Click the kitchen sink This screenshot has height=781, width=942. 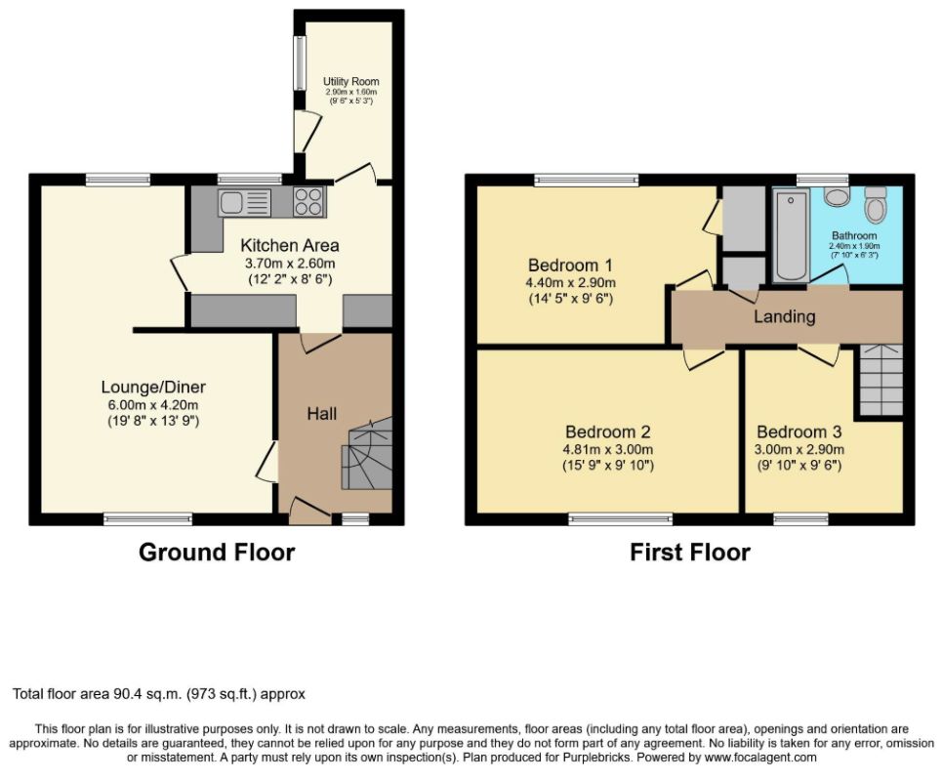244,202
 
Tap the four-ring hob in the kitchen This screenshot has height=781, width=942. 308,202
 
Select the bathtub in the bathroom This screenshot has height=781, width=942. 791,235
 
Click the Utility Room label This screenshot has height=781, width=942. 350,81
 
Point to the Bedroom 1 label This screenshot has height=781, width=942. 571,265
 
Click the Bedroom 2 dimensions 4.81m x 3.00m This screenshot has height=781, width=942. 608,449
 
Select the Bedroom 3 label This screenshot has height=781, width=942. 799,432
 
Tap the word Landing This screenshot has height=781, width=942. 785,316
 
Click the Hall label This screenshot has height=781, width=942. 322,413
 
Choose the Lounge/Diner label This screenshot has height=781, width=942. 153,388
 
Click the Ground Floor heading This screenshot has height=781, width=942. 217,553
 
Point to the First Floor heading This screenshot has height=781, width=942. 690,553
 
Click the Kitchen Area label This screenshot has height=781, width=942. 290,245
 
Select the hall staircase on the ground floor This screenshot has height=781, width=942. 366,453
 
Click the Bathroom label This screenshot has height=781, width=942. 854,235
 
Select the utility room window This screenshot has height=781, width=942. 299,63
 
